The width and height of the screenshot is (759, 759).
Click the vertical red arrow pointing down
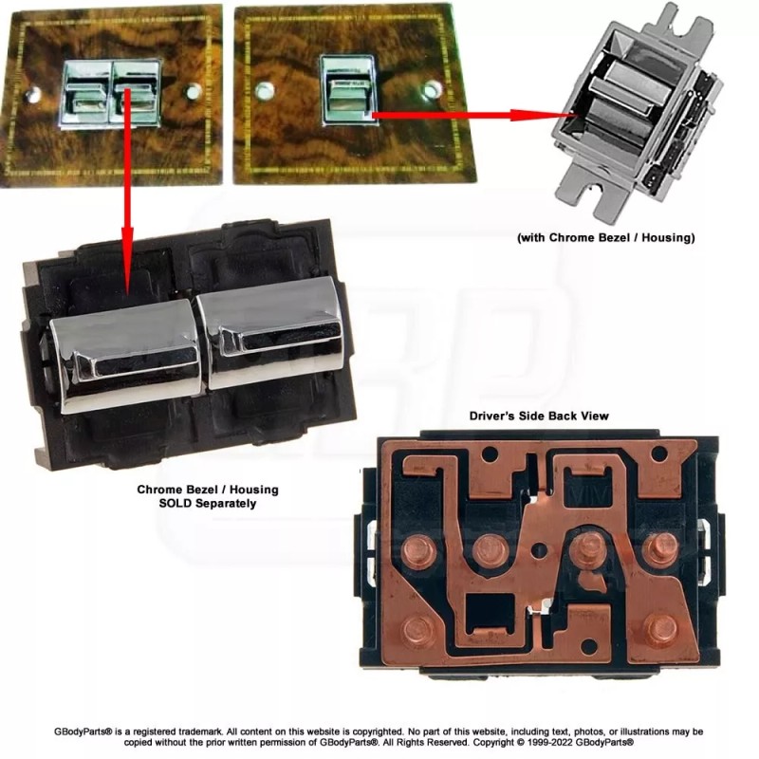click(x=127, y=192)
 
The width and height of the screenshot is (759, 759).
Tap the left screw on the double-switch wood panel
click(x=33, y=94)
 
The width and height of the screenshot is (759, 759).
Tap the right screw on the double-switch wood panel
click(x=193, y=91)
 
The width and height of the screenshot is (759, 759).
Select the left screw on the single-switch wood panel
click(x=265, y=91)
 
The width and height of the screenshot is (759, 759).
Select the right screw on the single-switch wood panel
click(x=432, y=89)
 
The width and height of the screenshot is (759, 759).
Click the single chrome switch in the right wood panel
click(x=348, y=90)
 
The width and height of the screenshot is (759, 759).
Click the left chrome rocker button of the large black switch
click(x=126, y=356)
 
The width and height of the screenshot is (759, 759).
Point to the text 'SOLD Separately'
click(x=208, y=504)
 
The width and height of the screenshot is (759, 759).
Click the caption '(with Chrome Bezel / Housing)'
click(x=606, y=238)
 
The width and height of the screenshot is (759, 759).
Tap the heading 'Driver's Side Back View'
click(x=539, y=416)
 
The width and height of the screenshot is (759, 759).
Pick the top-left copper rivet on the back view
click(x=418, y=551)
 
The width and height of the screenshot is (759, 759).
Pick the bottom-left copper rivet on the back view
click(x=417, y=630)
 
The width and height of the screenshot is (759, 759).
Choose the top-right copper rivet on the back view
click(x=660, y=548)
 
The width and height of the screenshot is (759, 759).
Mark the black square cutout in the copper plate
click(x=490, y=611)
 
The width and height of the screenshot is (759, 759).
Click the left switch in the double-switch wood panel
click(x=85, y=93)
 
